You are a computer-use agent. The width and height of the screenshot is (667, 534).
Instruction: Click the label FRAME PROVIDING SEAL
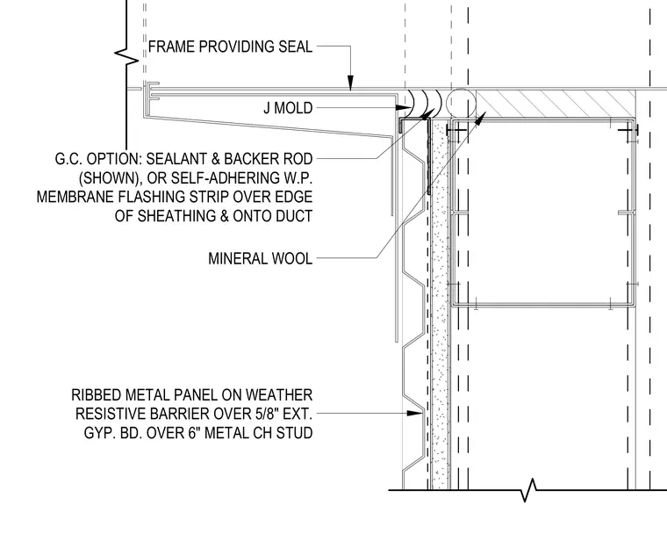(x=230, y=47)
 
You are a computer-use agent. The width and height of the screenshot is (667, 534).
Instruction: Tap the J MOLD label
(x=288, y=108)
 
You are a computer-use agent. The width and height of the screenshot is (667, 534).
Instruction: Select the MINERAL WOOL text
(x=261, y=258)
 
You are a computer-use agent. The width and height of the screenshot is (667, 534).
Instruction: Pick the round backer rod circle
(x=463, y=103)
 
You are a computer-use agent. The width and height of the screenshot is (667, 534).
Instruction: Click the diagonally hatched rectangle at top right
(x=556, y=104)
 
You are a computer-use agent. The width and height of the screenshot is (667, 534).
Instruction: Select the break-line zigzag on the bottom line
(x=528, y=491)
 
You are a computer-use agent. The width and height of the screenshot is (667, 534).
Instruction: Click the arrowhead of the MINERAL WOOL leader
(x=480, y=119)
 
